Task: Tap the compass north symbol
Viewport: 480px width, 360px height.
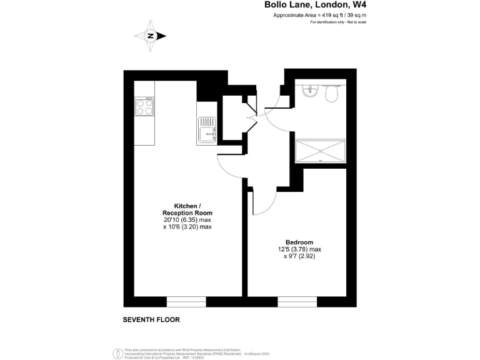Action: pyautogui.click(x=151, y=36)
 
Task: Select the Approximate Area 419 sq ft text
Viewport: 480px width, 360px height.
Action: pyautogui.click(x=319, y=14)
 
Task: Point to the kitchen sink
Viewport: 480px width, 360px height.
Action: pyautogui.click(x=206, y=131)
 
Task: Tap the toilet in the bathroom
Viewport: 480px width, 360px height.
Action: pyautogui.click(x=332, y=93)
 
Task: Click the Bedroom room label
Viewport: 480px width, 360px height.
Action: pyautogui.click(x=299, y=242)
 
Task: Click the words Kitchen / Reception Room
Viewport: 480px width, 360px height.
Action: pyautogui.click(x=187, y=209)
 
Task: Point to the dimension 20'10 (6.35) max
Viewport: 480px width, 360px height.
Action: pyautogui.click(x=187, y=220)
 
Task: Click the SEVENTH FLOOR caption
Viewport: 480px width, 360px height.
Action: pyautogui.click(x=151, y=319)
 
